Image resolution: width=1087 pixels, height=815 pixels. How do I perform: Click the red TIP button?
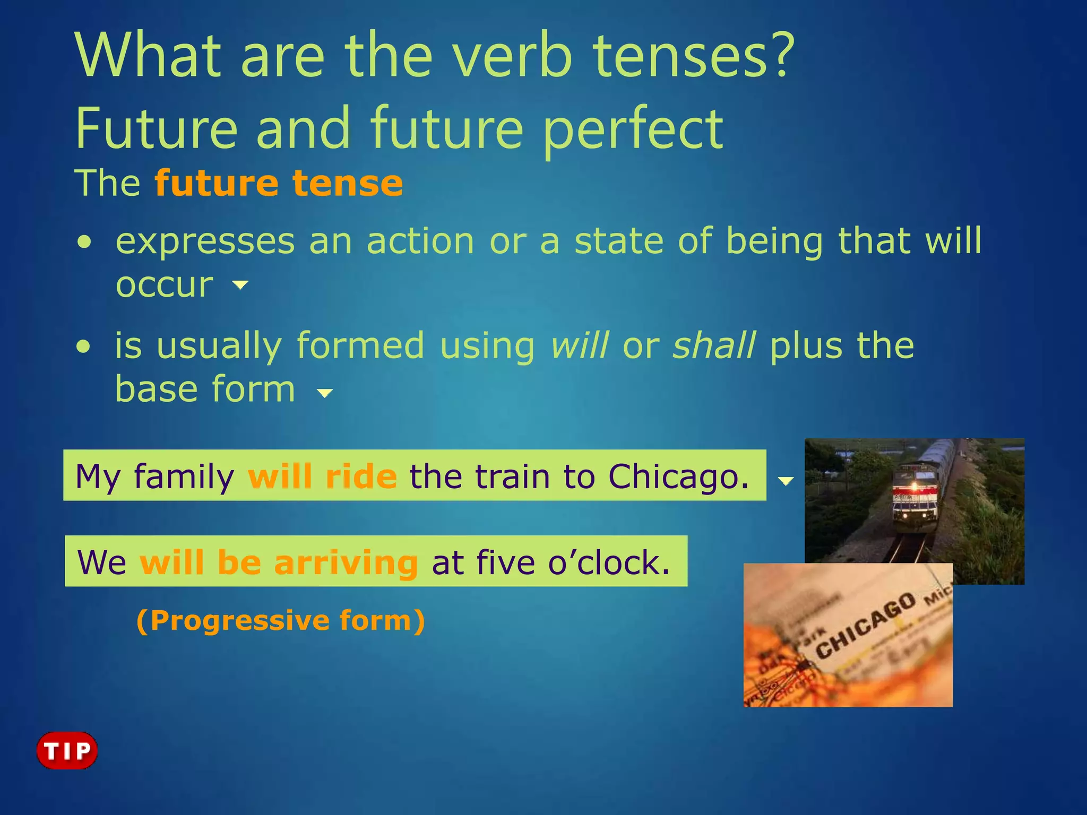click(67, 750)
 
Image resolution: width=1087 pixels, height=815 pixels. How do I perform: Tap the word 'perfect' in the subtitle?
click(633, 129)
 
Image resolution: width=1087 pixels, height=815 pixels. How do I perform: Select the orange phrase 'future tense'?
click(279, 184)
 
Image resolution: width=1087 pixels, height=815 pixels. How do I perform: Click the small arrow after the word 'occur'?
click(240, 285)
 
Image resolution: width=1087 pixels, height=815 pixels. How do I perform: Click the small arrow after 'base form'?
click(324, 393)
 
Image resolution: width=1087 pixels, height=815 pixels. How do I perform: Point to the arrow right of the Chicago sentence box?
click(786, 481)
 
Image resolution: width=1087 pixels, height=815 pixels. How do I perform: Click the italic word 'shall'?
click(713, 345)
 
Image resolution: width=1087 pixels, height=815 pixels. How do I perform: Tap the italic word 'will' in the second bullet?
click(579, 345)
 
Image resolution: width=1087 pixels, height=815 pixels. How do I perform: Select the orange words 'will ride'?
click(322, 476)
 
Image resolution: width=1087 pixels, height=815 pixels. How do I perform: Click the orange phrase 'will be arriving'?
click(279, 562)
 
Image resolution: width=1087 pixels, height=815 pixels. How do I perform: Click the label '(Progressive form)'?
click(280, 620)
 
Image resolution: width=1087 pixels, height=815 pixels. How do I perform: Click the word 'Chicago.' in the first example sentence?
click(678, 476)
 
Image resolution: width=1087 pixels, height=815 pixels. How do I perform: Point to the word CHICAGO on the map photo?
click(865, 626)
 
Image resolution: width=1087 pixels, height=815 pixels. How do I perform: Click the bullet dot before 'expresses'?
click(84, 243)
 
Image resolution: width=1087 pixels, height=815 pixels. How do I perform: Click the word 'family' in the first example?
click(184, 476)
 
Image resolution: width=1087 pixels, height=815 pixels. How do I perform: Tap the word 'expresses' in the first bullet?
click(205, 241)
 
